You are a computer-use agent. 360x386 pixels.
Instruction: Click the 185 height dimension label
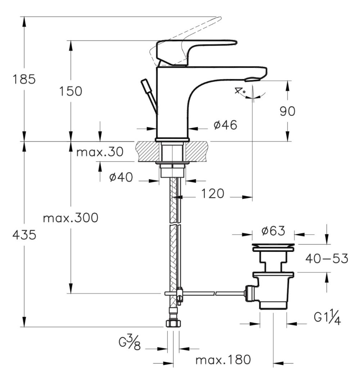[24, 79]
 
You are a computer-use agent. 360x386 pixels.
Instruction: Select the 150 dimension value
[71, 91]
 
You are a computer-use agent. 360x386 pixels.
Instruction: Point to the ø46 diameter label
[225, 125]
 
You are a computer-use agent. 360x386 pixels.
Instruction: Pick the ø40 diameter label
[121, 177]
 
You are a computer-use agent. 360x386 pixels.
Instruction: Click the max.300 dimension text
[70, 218]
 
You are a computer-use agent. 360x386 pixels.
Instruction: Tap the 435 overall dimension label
[24, 235]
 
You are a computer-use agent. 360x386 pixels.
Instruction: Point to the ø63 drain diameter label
[273, 231]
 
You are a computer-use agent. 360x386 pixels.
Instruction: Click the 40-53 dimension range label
[327, 258]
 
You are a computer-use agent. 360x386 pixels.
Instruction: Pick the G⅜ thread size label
[130, 344]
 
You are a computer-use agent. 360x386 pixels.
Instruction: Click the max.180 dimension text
[222, 359]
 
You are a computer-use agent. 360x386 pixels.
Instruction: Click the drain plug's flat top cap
[273, 246]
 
